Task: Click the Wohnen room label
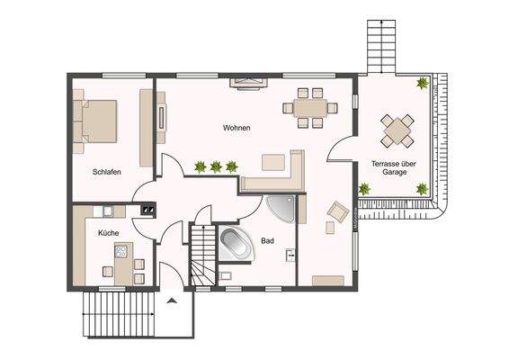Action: click(237, 128)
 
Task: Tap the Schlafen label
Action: click(107, 172)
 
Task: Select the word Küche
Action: click(109, 233)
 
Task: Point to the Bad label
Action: click(267, 241)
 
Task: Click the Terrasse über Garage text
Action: click(394, 168)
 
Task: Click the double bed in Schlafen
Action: click(94, 121)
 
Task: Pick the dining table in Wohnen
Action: click(310, 108)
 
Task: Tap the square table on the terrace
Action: click(397, 130)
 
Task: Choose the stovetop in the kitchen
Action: click(121, 251)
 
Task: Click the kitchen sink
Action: click(107, 211)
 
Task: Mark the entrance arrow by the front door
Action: click(172, 301)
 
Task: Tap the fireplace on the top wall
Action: click(249, 83)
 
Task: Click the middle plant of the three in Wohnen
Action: click(216, 167)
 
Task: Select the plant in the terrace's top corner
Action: click(423, 84)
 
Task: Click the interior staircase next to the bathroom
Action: click(203, 256)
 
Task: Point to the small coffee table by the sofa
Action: click(273, 163)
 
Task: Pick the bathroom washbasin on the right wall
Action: click(290, 255)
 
